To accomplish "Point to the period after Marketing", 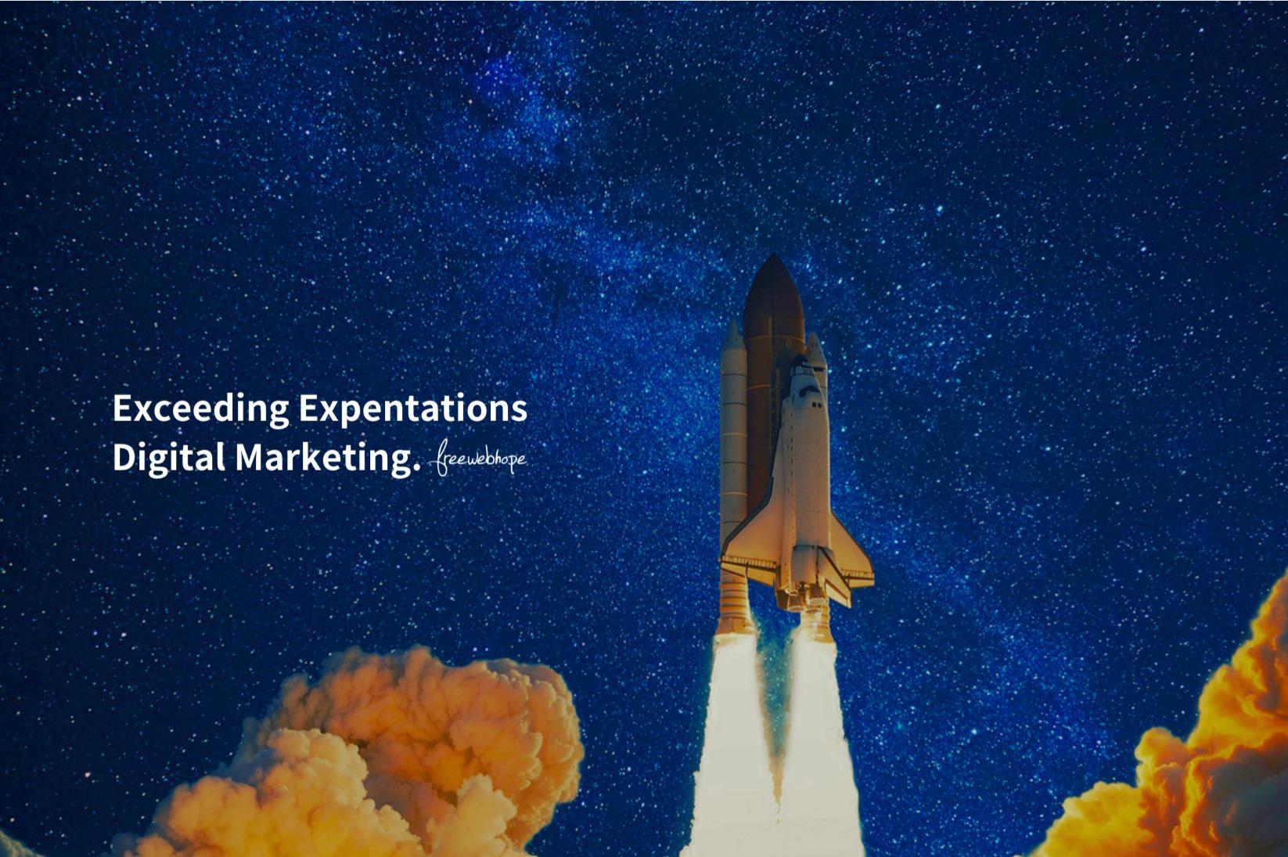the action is pyautogui.click(x=417, y=472).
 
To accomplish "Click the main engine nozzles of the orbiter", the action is pyautogui.click(x=805, y=598).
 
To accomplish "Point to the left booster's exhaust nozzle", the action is pyautogui.click(x=734, y=604).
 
